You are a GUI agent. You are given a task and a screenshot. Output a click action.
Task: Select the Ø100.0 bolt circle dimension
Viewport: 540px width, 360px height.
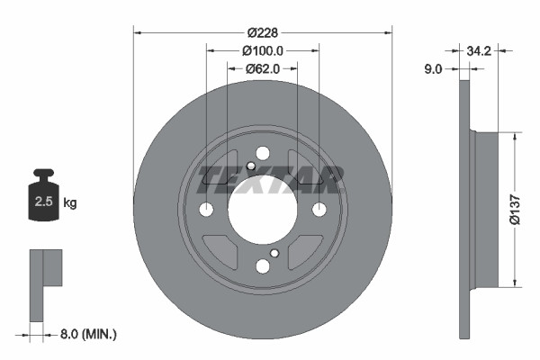(262, 51)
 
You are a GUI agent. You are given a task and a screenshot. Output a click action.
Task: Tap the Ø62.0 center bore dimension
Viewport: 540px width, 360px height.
(262, 67)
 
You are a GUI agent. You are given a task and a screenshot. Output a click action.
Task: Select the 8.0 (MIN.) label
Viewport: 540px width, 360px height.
(86, 334)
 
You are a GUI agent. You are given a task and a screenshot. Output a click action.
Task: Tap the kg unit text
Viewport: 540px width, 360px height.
(70, 203)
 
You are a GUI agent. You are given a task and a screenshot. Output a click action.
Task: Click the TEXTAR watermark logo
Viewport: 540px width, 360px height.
(270, 179)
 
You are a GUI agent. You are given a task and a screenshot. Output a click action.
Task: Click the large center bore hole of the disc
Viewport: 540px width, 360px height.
(262, 209)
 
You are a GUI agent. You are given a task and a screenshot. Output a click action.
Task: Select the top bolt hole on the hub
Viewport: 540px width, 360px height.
(262, 153)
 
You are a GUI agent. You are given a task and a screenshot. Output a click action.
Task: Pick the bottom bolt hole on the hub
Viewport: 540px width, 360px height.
(262, 265)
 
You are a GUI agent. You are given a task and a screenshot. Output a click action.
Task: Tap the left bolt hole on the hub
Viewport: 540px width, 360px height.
(206, 210)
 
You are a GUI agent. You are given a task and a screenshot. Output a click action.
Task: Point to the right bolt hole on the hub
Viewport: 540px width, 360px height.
(319, 210)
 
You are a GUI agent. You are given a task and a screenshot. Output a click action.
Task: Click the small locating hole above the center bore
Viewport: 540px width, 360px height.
(251, 166)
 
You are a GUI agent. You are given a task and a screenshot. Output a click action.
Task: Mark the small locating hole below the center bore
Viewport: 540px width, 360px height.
(274, 253)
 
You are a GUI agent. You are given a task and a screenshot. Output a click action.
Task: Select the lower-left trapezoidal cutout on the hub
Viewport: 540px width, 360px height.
(220, 250)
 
